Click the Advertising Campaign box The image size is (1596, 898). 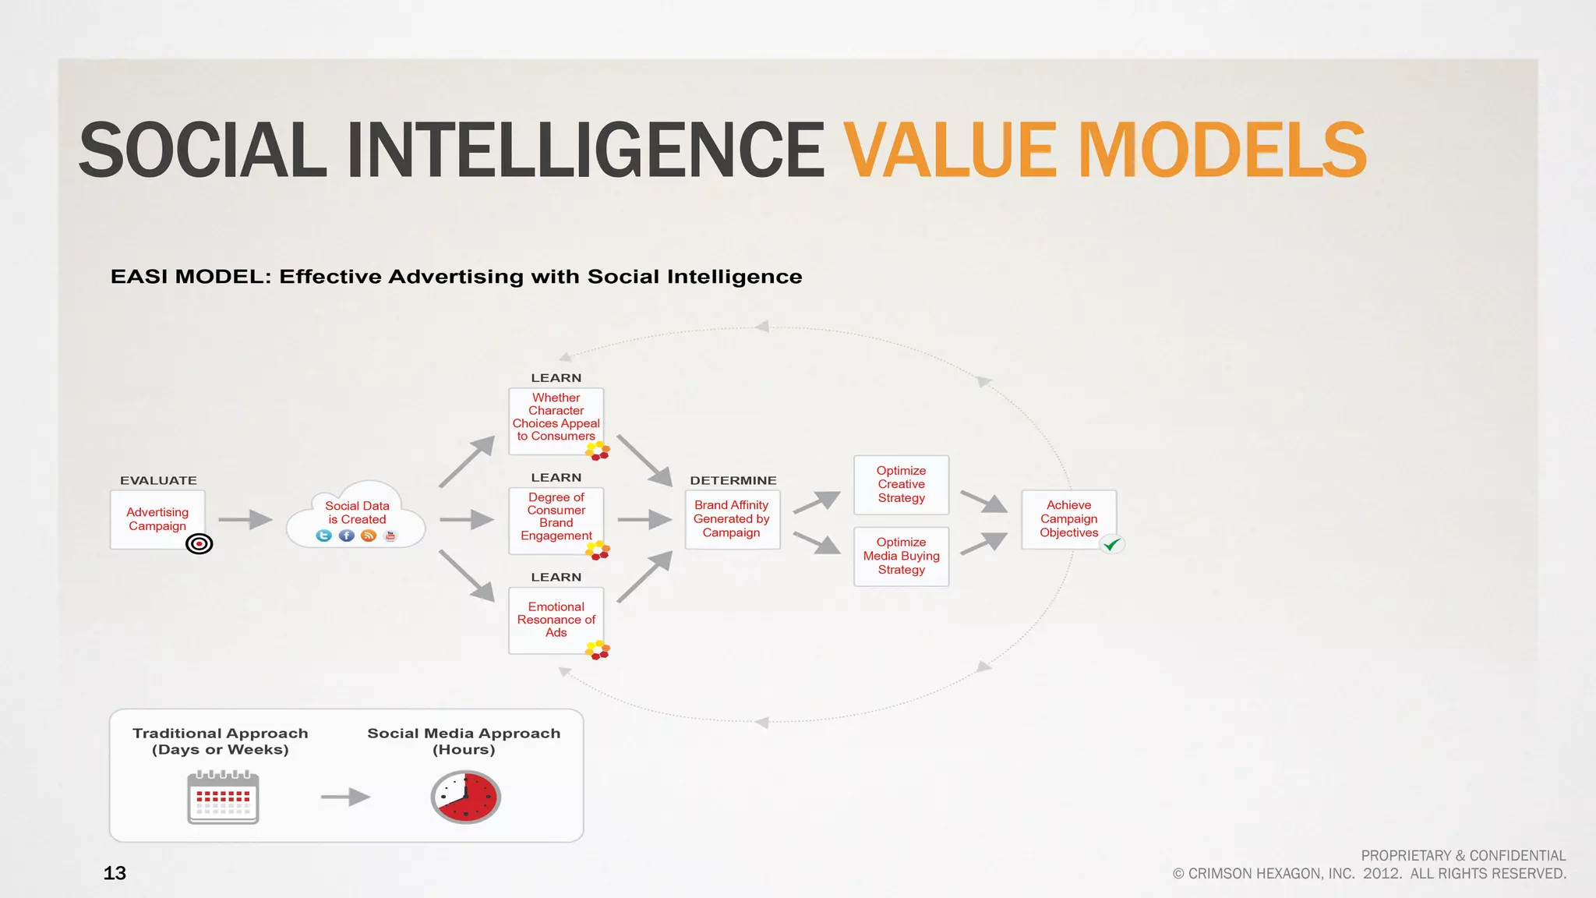tap(157, 519)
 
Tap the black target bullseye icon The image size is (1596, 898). tap(199, 544)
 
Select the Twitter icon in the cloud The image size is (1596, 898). tap(324, 536)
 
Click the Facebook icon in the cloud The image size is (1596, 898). tap(347, 536)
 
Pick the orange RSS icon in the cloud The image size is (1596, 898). tap(369, 536)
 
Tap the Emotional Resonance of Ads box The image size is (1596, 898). tap(556, 620)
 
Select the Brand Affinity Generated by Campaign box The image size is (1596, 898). tap(732, 519)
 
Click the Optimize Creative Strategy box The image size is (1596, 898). tap(901, 485)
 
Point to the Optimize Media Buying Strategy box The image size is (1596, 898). tap(901, 556)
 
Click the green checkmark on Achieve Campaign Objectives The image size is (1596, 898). tap(1112, 544)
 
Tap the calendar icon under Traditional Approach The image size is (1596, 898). tap(223, 797)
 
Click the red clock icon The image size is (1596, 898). tap(466, 797)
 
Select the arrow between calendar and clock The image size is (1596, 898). tap(345, 797)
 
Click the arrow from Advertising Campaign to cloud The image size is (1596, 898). tap(245, 519)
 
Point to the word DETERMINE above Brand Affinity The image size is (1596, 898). tap(733, 481)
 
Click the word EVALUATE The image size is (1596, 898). tap(158, 481)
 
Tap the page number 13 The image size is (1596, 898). tap(115, 873)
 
